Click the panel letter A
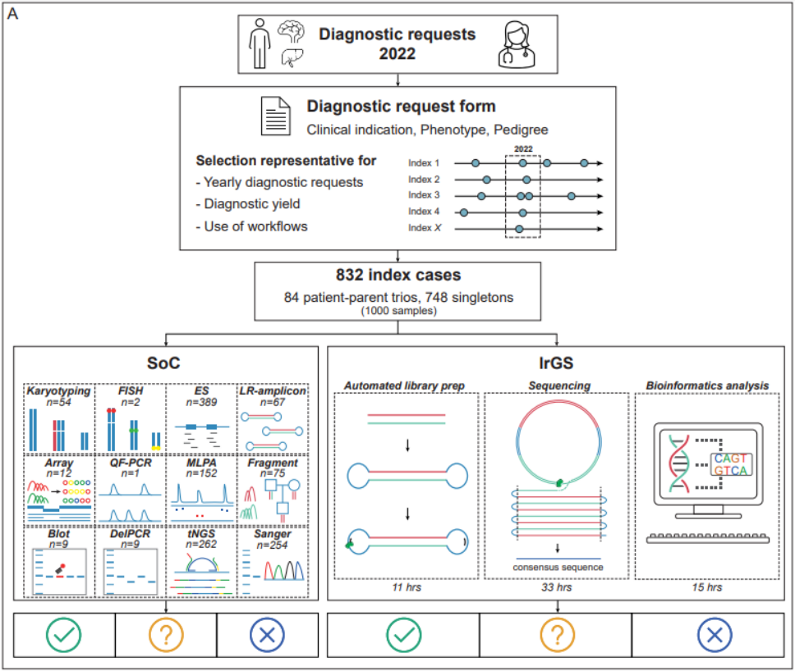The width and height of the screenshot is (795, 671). pyautogui.click(x=13, y=15)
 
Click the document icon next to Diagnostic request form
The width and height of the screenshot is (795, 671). pyautogui.click(x=274, y=116)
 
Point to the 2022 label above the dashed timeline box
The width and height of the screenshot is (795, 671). pyautogui.click(x=522, y=149)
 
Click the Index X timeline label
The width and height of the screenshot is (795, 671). pyautogui.click(x=425, y=228)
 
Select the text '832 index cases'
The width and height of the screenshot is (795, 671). pyautogui.click(x=397, y=277)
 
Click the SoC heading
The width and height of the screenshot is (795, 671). pyautogui.click(x=166, y=361)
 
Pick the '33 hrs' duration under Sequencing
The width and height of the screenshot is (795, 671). pyautogui.click(x=558, y=587)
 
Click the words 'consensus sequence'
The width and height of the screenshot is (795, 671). pyautogui.click(x=558, y=567)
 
